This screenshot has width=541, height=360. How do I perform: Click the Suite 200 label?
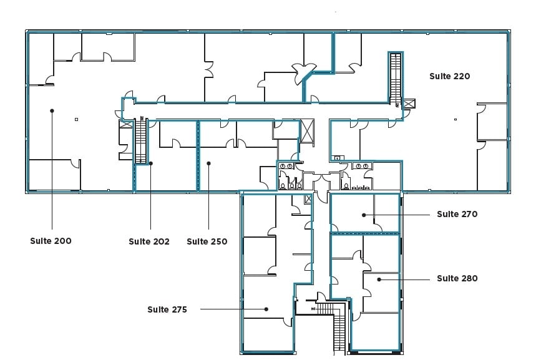[x=51, y=240]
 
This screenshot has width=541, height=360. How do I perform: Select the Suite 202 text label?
[x=149, y=241]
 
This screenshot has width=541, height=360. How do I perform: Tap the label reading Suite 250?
[x=207, y=241]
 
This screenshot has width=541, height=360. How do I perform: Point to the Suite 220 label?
[x=449, y=76]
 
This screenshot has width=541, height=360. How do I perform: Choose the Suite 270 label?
[x=457, y=214]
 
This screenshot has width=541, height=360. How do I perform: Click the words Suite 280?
[x=457, y=278]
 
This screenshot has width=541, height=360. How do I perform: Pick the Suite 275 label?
[x=167, y=309]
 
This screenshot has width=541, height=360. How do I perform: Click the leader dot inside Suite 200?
[x=52, y=110]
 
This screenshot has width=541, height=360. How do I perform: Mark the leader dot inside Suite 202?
[x=151, y=163]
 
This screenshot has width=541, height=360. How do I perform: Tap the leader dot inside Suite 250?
[x=208, y=163]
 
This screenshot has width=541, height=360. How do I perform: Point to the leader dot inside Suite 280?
[x=378, y=279]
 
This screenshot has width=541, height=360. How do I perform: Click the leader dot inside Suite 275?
[x=266, y=309]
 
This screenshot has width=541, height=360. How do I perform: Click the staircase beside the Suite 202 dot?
[x=141, y=140]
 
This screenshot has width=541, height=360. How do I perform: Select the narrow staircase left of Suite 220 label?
[x=395, y=78]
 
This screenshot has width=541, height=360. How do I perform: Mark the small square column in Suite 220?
[x=456, y=119]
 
